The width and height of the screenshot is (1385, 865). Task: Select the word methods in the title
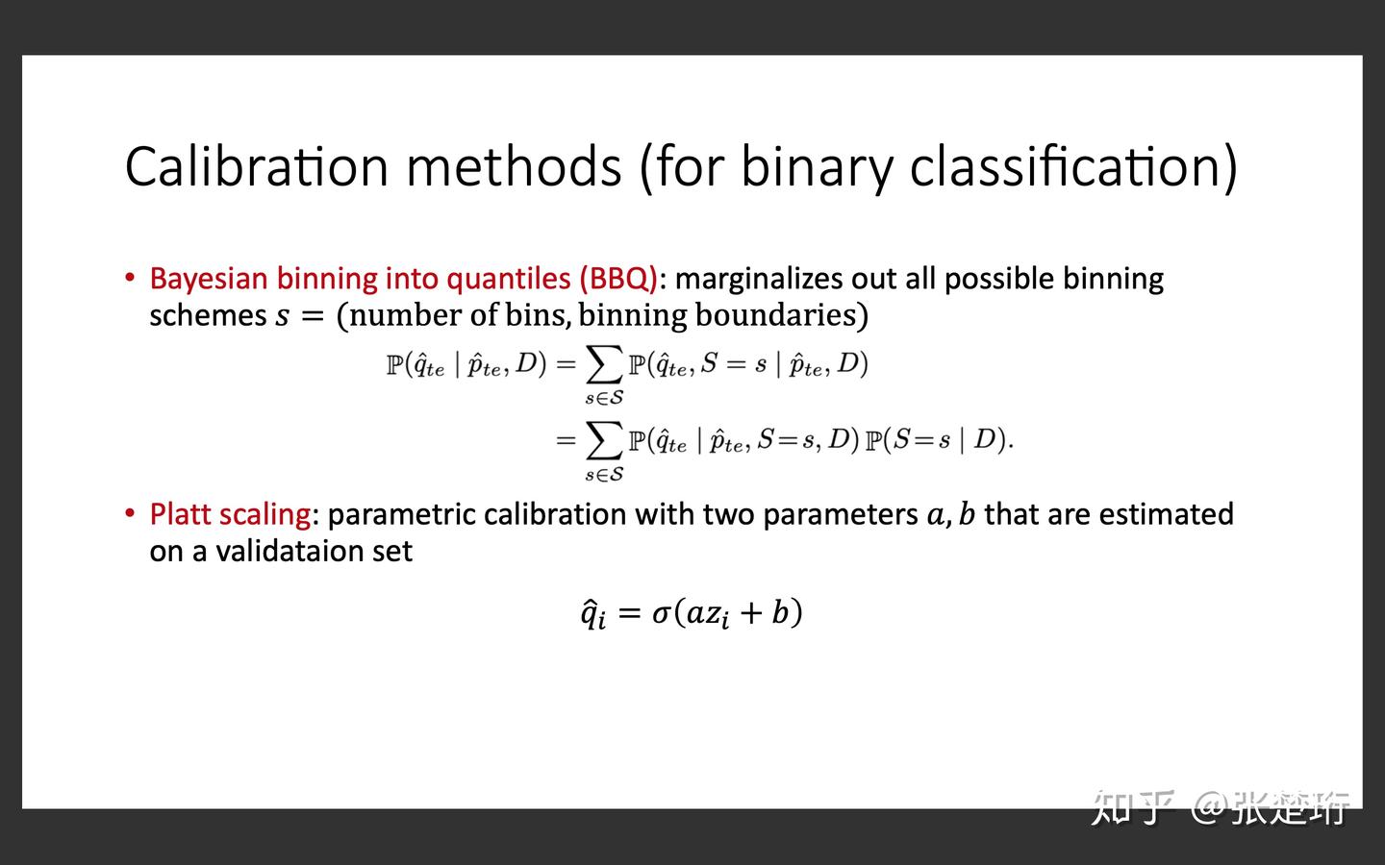[514, 165]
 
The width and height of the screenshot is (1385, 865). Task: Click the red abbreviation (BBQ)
[617, 279]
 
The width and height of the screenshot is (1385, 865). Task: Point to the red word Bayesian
[208, 279]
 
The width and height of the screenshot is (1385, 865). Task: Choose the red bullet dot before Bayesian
[130, 278]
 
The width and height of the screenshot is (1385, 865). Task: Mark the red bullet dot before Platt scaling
[130, 513]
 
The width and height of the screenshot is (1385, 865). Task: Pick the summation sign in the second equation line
[604, 440]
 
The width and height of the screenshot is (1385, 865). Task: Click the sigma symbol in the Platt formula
[661, 612]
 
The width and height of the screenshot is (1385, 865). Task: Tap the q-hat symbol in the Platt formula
[592, 613]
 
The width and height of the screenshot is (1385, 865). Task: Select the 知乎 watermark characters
[1132, 807]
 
